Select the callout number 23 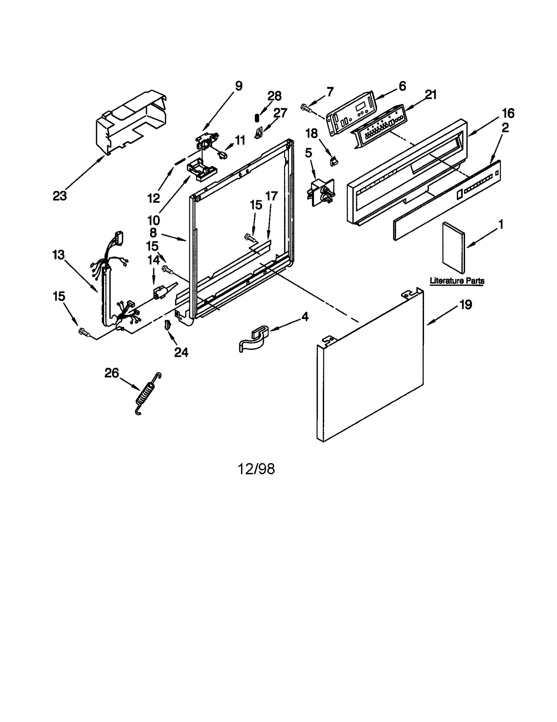pyautogui.click(x=60, y=196)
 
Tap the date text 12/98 pyautogui.click(x=256, y=469)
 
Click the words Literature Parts pyautogui.click(x=457, y=280)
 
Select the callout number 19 pyautogui.click(x=465, y=305)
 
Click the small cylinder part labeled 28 pyautogui.click(x=257, y=118)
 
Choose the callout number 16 pyautogui.click(x=508, y=113)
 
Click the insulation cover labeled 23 pyautogui.click(x=131, y=122)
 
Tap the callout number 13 pyautogui.click(x=58, y=255)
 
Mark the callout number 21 pyautogui.click(x=431, y=94)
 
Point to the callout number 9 pyautogui.click(x=238, y=86)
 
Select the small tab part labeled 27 pyautogui.click(x=258, y=133)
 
